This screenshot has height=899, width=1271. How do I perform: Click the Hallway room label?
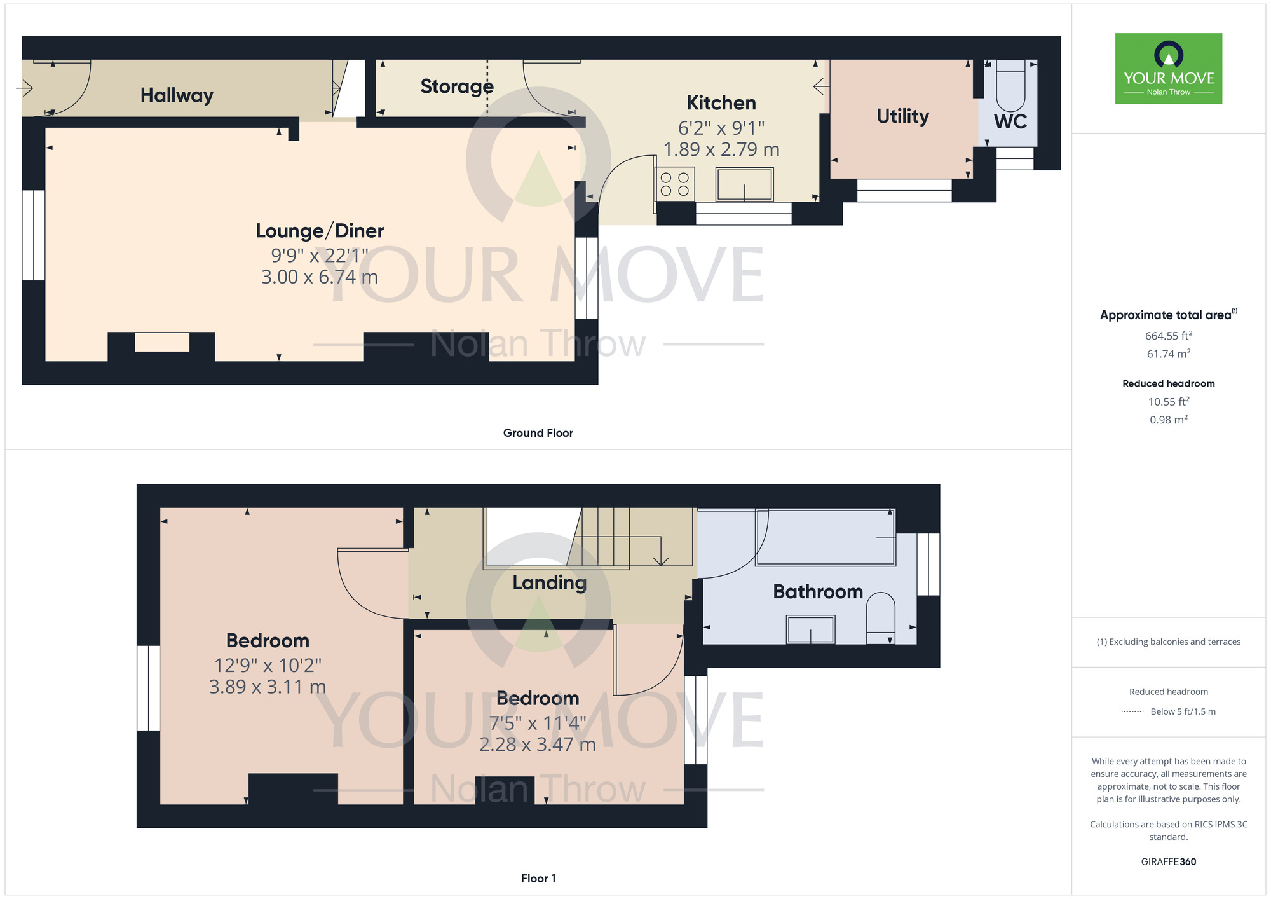(x=177, y=95)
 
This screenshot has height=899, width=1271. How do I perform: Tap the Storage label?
(x=456, y=86)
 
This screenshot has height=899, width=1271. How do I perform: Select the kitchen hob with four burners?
(x=675, y=184)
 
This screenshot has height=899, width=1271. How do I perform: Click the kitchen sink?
(x=744, y=184)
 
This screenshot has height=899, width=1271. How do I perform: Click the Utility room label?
(x=902, y=116)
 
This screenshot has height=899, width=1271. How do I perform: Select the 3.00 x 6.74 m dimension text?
(x=319, y=277)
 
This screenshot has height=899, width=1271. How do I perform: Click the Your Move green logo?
(x=1168, y=69)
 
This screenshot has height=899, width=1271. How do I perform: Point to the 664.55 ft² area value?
(x=1168, y=336)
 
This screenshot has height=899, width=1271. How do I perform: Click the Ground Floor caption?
(x=538, y=433)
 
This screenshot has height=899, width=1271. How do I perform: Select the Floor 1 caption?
(x=538, y=878)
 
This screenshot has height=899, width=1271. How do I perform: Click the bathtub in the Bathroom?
(x=825, y=538)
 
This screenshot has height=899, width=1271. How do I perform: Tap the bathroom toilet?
(x=881, y=617)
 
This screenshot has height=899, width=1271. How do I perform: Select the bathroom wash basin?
(x=810, y=629)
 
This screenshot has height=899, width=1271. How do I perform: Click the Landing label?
(x=549, y=582)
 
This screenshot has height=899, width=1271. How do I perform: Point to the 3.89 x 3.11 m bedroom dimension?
(x=267, y=687)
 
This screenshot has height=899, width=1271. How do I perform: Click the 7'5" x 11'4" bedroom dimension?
(x=537, y=724)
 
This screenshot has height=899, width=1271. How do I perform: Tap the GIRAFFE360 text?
(x=1168, y=862)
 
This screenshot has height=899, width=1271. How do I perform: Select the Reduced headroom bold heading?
(x=1168, y=383)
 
